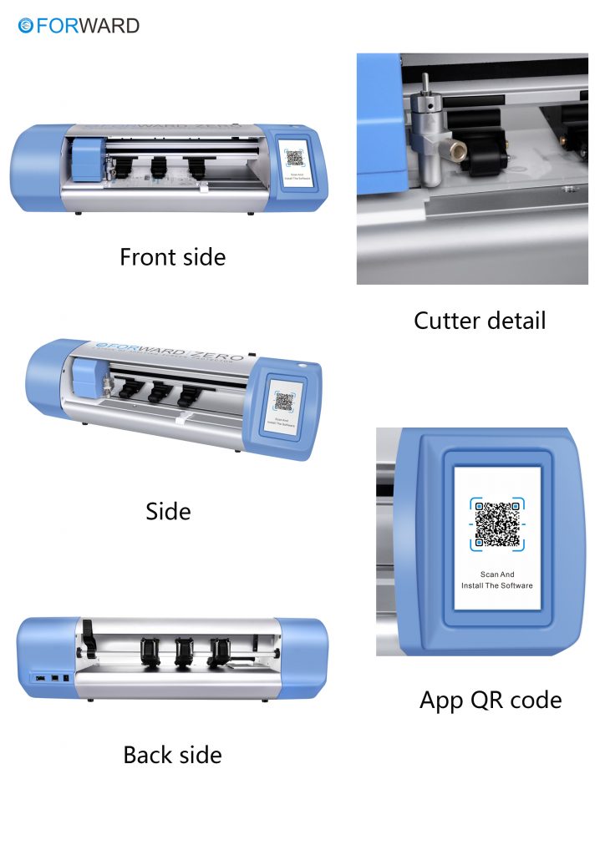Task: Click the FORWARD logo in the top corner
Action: click(79, 26)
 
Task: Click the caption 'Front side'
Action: click(172, 256)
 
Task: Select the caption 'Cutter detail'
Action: click(480, 320)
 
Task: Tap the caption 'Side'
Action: click(168, 511)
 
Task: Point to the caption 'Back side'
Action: click(172, 755)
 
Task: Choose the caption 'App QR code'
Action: click(491, 700)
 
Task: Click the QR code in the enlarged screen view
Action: click(497, 524)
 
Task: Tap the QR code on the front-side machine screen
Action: click(294, 159)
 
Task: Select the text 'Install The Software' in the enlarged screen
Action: click(497, 585)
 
